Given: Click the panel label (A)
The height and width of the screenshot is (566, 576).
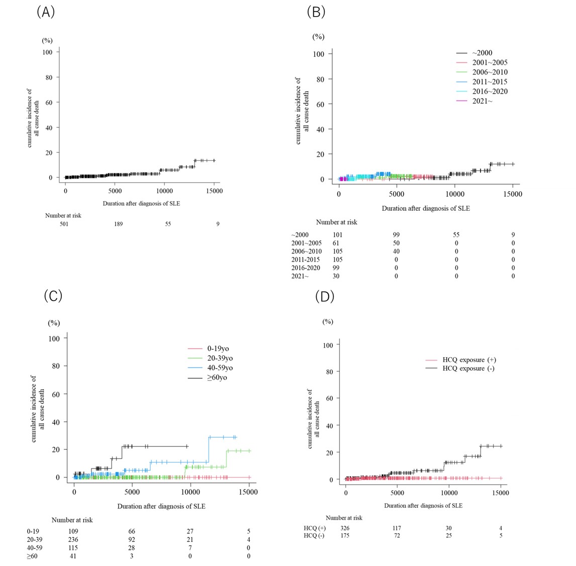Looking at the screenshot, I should pyautogui.click(x=45, y=12).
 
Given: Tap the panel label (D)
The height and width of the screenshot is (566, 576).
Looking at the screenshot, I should pyautogui.click(x=324, y=296).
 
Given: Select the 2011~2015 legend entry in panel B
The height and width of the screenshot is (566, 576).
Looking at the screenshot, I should pyautogui.click(x=490, y=82).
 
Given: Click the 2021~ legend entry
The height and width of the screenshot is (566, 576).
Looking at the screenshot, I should pyautogui.click(x=482, y=101).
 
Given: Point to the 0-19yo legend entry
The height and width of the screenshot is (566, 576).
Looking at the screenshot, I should pyautogui.click(x=215, y=349).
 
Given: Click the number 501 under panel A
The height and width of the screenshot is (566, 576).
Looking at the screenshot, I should pyautogui.click(x=64, y=224).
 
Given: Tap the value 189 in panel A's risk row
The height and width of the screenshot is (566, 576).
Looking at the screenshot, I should pyautogui.click(x=118, y=224).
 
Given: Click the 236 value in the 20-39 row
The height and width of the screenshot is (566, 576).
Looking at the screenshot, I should pyautogui.click(x=73, y=539).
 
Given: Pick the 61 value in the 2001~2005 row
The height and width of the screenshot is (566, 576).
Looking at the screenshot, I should pyautogui.click(x=336, y=243).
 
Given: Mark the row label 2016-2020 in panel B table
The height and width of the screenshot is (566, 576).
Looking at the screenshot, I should pyautogui.click(x=306, y=268).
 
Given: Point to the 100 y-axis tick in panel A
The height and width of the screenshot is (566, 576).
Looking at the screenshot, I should pyautogui.click(x=47, y=52).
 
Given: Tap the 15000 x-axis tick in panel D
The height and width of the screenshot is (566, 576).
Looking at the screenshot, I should pyautogui.click(x=500, y=493).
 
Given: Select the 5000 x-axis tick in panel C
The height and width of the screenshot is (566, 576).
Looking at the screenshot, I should pyautogui.click(x=132, y=492).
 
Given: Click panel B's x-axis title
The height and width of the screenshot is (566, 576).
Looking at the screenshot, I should pyautogui.click(x=426, y=208).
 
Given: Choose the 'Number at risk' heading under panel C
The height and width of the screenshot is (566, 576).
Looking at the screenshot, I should pyautogui.click(x=72, y=520).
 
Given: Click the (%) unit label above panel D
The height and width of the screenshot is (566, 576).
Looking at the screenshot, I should pyautogui.click(x=328, y=321).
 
